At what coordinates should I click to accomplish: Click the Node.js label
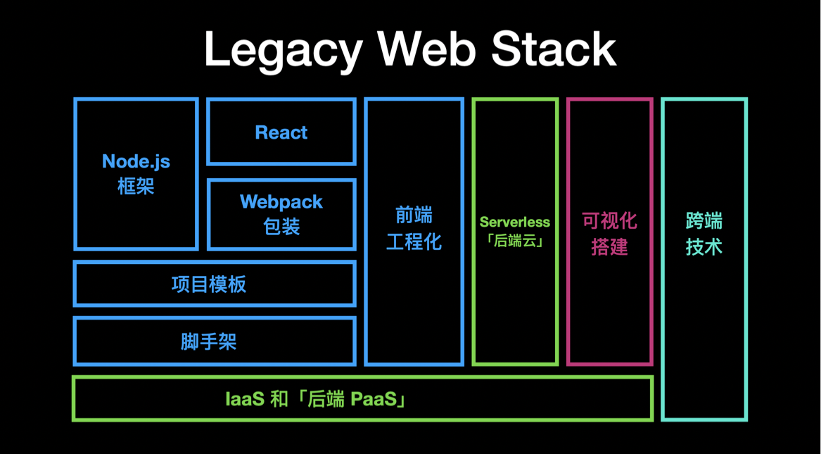coord(136,161)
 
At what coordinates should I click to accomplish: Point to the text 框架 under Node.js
coord(136,187)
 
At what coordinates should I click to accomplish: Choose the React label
coord(281,132)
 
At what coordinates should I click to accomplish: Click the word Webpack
coord(281,202)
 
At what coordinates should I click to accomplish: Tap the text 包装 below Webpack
coord(281,227)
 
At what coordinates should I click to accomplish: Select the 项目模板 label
coord(209,284)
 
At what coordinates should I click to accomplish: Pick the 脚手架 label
coord(209,342)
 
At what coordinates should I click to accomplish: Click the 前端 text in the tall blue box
coord(414,215)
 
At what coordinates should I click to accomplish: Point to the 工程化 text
coord(414,242)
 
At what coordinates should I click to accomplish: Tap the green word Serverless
coord(515,222)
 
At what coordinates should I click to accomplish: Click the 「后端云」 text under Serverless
coord(515,241)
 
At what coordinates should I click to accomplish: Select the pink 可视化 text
coord(609,221)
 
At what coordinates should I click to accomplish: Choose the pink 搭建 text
coord(609,247)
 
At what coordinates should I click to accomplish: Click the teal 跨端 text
coord(704,221)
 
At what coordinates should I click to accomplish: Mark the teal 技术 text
coord(704,247)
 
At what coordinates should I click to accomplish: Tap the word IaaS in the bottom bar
coord(244,400)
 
